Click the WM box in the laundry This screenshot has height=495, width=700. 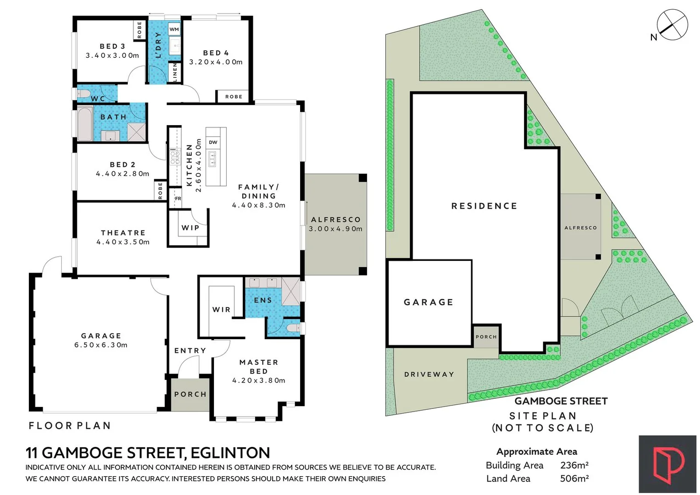coord(174,29)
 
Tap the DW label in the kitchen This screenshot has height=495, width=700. coord(213,142)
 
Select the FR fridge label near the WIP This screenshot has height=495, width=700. coord(178,198)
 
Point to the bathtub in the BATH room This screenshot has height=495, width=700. coord(84,123)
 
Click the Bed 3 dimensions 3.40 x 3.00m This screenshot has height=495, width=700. coord(112,55)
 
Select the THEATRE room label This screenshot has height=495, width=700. coord(123,233)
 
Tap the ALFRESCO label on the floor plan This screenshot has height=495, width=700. coord(336,220)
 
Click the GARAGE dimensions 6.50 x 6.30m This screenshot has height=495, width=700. coord(101,345)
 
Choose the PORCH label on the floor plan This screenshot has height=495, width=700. coord(190,394)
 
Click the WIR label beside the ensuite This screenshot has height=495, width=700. coord(221,309)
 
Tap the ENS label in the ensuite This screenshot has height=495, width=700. coord(263,300)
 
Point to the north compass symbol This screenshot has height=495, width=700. coord(672,25)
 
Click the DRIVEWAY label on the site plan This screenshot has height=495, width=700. coord(429,374)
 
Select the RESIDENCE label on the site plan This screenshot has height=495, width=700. coord(484,206)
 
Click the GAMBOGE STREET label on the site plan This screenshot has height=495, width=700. coord(561,401)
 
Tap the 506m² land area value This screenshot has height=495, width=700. coord(574,478)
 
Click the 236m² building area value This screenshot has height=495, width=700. coord(574,465)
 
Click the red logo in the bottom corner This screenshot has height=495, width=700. coord(668,464)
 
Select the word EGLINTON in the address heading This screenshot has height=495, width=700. coord(230,453)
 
